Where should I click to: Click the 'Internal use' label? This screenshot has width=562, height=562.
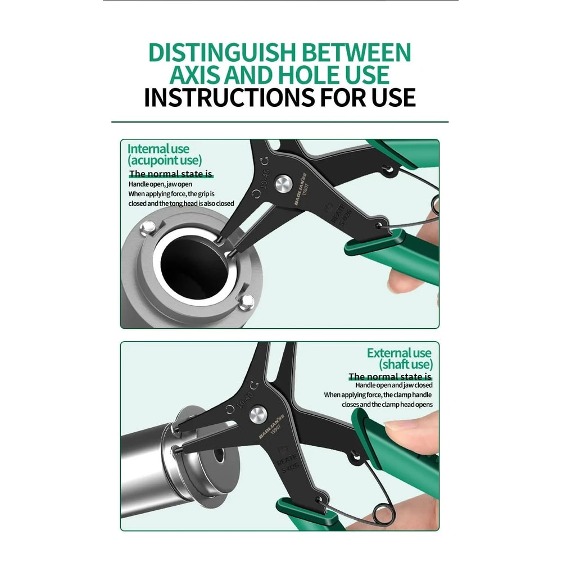click(x=158, y=149)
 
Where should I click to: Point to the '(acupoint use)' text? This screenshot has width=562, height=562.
click(x=165, y=161)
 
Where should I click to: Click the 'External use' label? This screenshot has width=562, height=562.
click(x=399, y=353)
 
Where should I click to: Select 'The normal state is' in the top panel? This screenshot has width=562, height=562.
click(x=171, y=174)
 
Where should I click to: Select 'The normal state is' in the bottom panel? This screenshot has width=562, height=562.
click(x=390, y=377)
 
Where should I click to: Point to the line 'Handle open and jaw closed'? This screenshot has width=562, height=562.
click(x=393, y=386)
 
